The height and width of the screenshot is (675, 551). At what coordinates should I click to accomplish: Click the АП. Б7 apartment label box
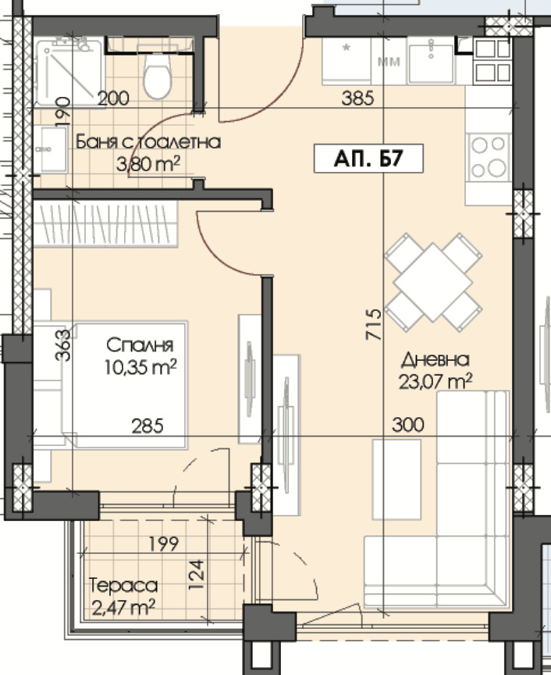(x=368, y=159)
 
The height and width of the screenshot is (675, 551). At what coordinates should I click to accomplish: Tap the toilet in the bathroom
(x=158, y=75)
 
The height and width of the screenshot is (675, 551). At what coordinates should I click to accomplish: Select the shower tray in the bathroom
(x=69, y=72)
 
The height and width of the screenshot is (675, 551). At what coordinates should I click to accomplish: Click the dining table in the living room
(x=433, y=282)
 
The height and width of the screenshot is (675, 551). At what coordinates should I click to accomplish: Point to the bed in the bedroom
(x=125, y=385)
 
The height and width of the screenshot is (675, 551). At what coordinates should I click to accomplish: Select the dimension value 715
(x=373, y=324)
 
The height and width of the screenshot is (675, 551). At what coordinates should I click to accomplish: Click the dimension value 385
(x=357, y=98)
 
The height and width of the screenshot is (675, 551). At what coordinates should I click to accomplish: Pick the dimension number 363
(x=62, y=345)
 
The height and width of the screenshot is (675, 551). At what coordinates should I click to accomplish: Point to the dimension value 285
(x=148, y=427)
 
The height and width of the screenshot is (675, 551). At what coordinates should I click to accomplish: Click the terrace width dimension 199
(x=164, y=544)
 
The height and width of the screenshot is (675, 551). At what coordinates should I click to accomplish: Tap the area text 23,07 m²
(x=435, y=381)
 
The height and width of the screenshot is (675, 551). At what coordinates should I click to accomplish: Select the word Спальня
(x=140, y=345)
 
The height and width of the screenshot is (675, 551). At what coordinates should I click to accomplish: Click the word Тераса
(x=123, y=585)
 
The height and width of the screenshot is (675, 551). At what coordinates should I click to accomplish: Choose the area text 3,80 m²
(x=148, y=163)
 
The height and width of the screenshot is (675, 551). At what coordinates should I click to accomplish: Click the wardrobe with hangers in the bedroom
(x=106, y=224)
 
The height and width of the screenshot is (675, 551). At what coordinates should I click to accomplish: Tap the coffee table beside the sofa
(x=396, y=479)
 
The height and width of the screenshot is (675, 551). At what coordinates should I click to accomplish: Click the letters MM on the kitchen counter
(x=389, y=62)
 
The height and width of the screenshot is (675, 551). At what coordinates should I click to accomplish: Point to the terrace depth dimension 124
(x=196, y=575)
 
